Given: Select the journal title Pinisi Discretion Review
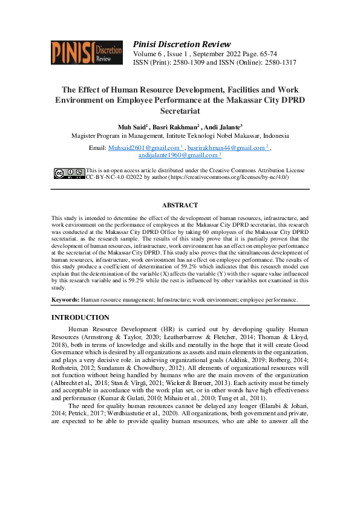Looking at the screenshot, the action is click(182, 44).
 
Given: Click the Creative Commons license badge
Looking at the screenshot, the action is click(69, 174).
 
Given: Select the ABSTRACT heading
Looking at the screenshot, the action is click(180, 206).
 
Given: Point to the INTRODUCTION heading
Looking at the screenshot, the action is click(80, 317).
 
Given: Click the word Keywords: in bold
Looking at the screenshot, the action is click(65, 299).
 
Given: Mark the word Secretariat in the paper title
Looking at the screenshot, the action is click(180, 111).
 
